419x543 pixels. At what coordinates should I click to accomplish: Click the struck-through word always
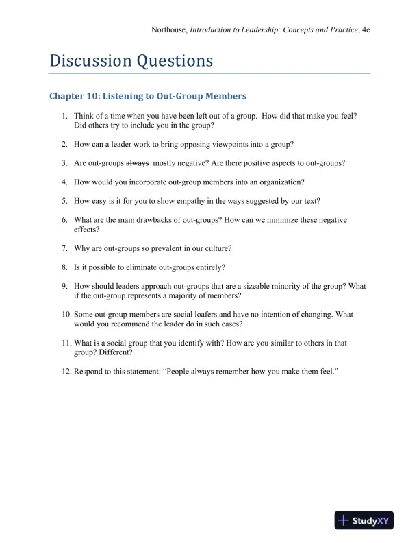tap(138, 163)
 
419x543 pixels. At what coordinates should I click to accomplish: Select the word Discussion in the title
tap(90, 61)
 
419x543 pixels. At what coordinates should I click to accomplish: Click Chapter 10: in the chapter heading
tap(73, 96)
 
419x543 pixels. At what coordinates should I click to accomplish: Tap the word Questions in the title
tap(175, 61)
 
